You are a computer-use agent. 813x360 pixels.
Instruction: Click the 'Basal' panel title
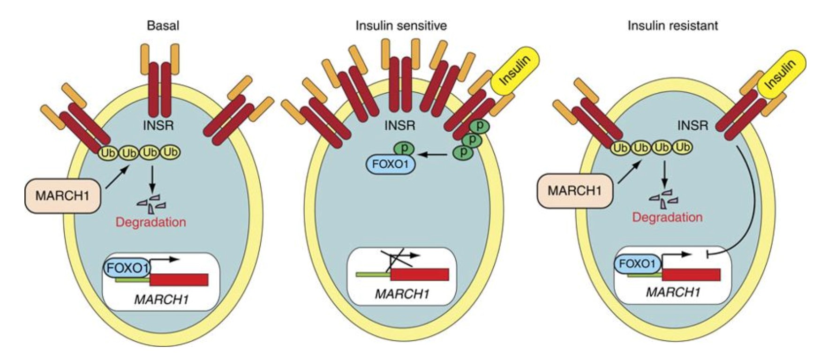tap(163, 25)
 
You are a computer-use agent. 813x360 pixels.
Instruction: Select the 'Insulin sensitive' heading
tap(401, 25)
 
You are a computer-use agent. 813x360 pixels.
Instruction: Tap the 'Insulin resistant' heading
tap(672, 25)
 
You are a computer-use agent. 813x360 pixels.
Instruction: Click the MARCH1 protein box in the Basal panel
tap(62, 195)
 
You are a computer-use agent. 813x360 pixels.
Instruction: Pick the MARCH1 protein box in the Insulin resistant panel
tap(574, 190)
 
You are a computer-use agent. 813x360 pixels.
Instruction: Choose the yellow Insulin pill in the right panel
tap(781, 74)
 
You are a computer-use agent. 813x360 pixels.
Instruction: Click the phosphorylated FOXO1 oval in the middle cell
tap(391, 165)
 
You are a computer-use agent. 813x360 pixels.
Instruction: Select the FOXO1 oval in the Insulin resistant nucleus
tap(637, 263)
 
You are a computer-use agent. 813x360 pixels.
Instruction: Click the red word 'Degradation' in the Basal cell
tap(151, 222)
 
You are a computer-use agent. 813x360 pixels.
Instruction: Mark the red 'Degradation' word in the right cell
tap(667, 217)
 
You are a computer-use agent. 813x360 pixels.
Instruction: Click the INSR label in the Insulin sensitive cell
tap(399, 126)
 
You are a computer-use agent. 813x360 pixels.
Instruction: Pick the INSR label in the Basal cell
tap(158, 126)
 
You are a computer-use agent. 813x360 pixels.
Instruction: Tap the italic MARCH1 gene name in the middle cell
tap(402, 294)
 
